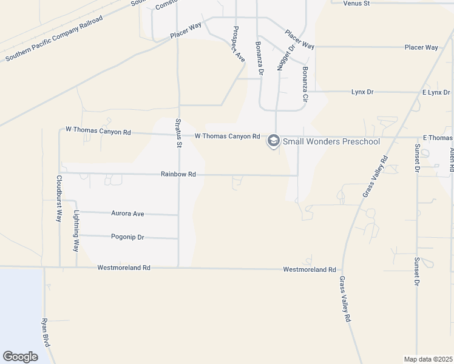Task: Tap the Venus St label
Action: coord(356,4)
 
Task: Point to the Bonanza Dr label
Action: coord(259,58)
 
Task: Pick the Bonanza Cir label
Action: coord(304,84)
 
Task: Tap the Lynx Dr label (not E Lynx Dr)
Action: coord(362,92)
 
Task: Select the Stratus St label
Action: coord(178,132)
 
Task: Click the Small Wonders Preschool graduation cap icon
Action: coord(273,141)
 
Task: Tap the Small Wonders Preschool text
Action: coord(331,142)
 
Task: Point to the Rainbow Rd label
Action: coord(178,174)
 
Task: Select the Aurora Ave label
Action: coord(127,214)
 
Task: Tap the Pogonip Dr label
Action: coord(127,237)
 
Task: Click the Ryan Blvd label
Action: coord(46,332)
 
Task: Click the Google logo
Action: coord(21,356)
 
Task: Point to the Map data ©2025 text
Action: coord(428,359)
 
